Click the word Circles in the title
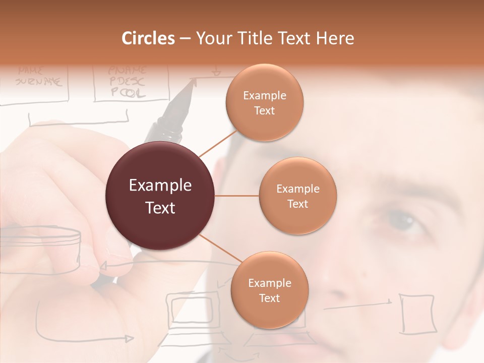click(148, 38)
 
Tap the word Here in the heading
click(335, 38)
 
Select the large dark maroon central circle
click(160, 196)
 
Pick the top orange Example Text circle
click(265, 103)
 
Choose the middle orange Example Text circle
click(298, 196)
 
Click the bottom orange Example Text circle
click(270, 290)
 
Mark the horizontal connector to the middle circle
click(237, 196)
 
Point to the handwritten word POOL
click(128, 93)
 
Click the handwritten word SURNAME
click(40, 81)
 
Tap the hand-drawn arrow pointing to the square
click(358, 304)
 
